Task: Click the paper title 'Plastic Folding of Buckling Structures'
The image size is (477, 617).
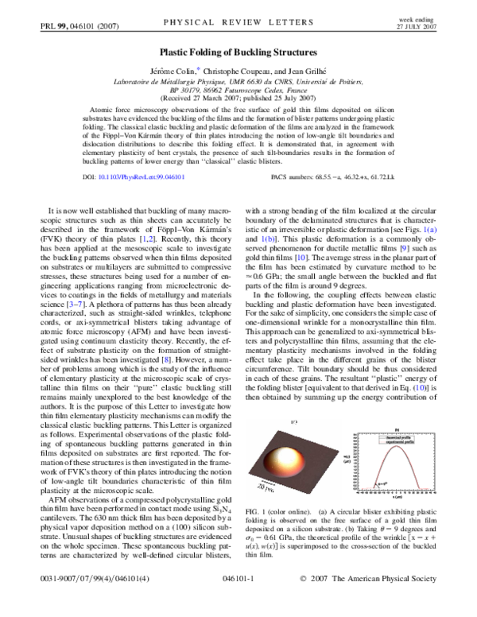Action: pos(238,49)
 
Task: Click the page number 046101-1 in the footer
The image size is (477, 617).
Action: pos(238,605)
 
